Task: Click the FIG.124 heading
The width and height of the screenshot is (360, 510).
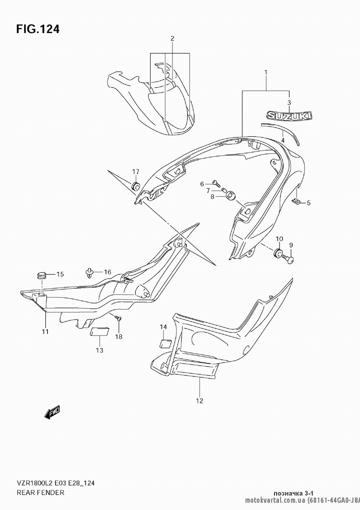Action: [x=37, y=29]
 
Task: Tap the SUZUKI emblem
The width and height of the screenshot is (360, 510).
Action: [x=289, y=115]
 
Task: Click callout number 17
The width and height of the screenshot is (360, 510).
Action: [x=135, y=171]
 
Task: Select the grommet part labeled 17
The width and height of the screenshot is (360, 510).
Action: [x=136, y=187]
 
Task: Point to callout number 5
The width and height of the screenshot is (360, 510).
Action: [x=309, y=203]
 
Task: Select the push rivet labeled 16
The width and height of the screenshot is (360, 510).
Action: [x=89, y=273]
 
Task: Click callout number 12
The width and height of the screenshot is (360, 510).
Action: [x=200, y=401]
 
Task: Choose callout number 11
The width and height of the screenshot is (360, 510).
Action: [x=45, y=331]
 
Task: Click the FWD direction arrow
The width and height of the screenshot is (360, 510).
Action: [x=52, y=412]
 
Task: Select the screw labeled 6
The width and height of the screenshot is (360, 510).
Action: [x=215, y=183]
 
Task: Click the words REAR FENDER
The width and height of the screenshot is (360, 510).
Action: [x=40, y=492]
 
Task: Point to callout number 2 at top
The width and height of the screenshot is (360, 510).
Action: [x=172, y=38]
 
